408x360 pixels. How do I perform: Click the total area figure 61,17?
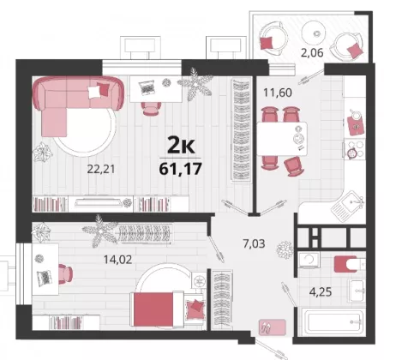coord(180,169)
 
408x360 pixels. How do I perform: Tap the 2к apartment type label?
coord(181,146)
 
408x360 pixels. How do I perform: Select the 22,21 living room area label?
coord(101,169)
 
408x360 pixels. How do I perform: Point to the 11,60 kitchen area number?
coord(278,93)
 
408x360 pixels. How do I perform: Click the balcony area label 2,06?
coord(312,52)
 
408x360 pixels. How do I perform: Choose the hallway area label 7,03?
coord(254,243)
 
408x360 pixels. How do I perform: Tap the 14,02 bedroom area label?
coord(117,260)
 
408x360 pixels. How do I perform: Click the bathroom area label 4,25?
coord(321,292)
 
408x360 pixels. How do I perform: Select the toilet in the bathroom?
coord(350,264)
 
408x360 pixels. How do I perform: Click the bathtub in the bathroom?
coord(333,321)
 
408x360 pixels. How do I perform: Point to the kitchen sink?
coord(347,206)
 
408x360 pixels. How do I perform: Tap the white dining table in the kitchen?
coord(282,139)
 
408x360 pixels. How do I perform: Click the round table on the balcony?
coord(316,33)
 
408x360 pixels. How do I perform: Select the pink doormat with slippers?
coord(273,327)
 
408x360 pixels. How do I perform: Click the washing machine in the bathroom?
coord(309,261)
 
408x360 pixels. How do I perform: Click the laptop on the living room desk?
coord(147,87)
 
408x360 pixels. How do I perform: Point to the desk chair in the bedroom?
coord(65,274)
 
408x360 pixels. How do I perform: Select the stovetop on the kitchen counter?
coord(355,148)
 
